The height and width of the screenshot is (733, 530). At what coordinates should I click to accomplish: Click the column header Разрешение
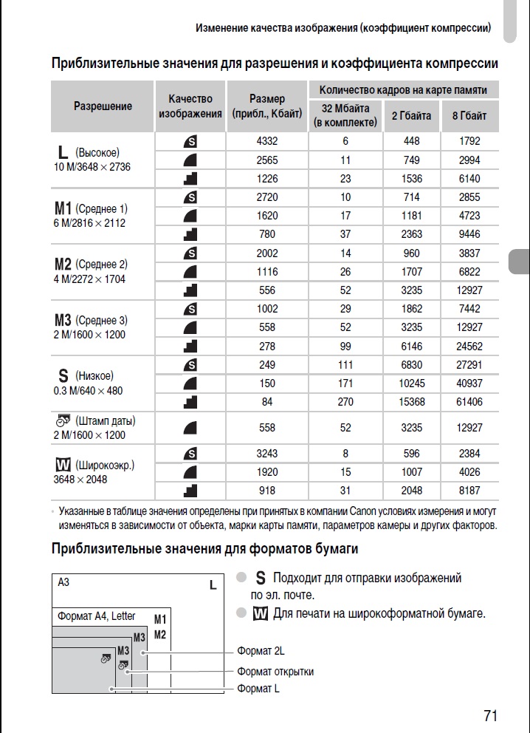103,106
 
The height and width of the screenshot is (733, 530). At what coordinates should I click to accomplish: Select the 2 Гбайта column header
412,116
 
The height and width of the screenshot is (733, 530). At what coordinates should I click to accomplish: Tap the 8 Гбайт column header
469,116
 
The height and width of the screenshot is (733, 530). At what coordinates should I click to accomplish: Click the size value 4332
266,141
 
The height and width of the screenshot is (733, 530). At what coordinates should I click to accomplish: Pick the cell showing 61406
469,402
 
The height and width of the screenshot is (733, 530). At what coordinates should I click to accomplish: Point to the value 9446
469,234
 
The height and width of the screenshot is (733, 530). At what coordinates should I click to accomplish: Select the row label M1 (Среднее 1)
91,208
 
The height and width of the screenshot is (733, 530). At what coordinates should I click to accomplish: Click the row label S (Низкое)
84,375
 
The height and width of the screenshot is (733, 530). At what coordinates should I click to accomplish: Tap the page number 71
491,715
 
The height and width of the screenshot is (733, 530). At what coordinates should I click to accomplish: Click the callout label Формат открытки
275,672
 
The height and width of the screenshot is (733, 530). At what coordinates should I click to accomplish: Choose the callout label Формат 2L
261,651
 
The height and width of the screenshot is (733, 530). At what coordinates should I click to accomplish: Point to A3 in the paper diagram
63,582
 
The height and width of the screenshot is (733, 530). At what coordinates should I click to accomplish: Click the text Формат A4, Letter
97,616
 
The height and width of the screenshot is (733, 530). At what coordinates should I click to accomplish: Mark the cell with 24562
469,346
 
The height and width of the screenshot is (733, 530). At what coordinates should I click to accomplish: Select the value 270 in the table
345,402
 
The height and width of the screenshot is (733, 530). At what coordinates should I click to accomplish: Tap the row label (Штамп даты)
105,420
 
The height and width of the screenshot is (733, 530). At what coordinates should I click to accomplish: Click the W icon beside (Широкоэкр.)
62,466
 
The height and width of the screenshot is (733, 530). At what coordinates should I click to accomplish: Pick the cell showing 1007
412,472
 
